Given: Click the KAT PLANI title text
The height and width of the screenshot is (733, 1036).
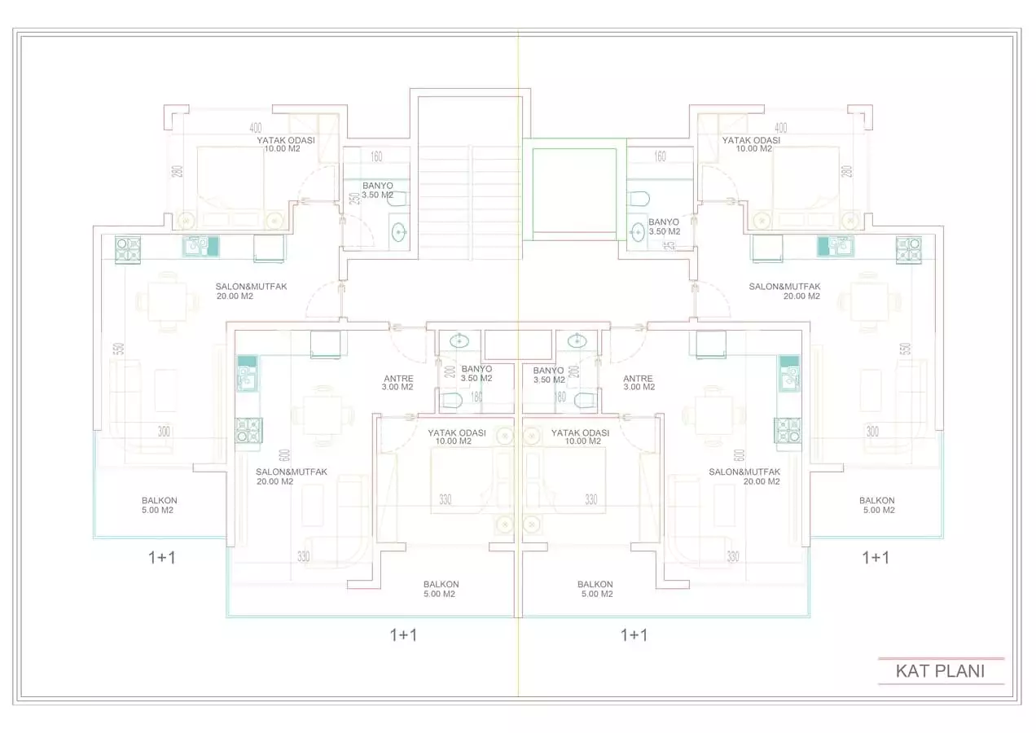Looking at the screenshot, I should (940, 671).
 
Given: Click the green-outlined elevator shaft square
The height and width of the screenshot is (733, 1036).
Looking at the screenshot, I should (574, 190).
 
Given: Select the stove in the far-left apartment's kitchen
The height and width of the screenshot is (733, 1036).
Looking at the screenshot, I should (128, 248).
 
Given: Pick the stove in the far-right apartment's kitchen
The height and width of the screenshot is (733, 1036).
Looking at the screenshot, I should (908, 248).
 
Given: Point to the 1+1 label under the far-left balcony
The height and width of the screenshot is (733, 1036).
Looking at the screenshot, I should (161, 557).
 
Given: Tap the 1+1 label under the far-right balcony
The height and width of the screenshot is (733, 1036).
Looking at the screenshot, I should (876, 557).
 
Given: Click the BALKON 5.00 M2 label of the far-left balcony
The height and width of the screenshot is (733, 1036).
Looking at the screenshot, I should (159, 506).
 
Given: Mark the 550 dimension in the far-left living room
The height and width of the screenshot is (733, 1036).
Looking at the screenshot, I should (119, 349).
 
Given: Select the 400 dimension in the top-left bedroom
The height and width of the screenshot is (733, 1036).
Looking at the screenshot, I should (255, 128).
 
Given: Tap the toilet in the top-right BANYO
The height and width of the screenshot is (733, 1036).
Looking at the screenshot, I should (639, 199).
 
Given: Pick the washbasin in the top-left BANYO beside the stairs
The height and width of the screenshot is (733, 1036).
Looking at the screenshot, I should (399, 232).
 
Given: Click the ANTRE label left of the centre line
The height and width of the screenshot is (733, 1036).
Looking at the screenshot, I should (398, 383).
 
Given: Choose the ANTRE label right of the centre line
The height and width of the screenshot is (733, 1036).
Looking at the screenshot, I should (638, 383).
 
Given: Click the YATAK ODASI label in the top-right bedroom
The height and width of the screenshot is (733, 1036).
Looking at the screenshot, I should (750, 144).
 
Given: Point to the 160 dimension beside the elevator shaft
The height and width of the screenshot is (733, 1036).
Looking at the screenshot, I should (660, 156).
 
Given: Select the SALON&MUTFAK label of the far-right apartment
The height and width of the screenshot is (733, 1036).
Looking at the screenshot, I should (784, 292).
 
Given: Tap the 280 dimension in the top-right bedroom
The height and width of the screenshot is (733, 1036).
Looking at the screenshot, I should (846, 172).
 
